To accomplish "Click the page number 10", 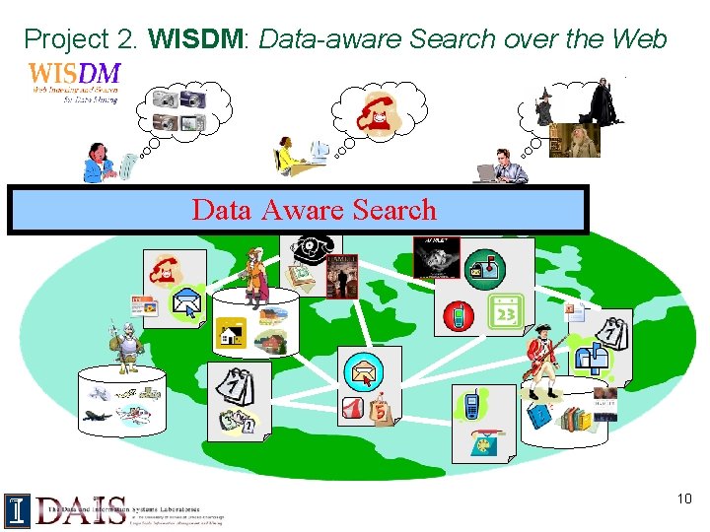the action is (x=684, y=499).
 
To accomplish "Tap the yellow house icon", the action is (x=234, y=334).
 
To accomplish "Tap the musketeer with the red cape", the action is (x=254, y=273).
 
